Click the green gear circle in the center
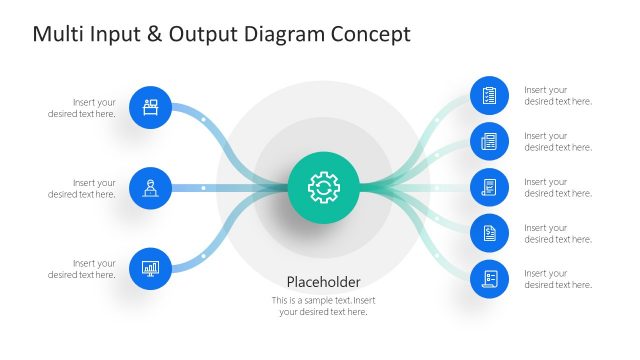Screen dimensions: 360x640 point(324,187)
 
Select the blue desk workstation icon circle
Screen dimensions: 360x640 point(151,107)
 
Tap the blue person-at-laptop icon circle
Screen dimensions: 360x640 point(151,187)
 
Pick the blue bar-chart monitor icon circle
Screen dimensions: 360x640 point(151,268)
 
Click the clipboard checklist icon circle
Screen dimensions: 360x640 point(490,96)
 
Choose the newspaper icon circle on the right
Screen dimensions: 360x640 point(490,141)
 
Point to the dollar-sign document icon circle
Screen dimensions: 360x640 point(490,233)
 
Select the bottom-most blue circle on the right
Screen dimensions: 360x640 point(490,278)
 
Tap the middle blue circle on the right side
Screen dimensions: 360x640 point(490,187)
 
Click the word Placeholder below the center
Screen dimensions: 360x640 point(323,282)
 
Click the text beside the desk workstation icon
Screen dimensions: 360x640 point(82,107)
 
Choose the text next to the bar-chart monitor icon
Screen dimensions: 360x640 point(82,269)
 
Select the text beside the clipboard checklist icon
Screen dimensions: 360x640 point(558,95)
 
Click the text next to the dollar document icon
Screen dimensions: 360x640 point(558,233)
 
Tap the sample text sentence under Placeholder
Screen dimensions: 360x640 point(323,306)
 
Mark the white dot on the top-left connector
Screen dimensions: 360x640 point(203,120)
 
